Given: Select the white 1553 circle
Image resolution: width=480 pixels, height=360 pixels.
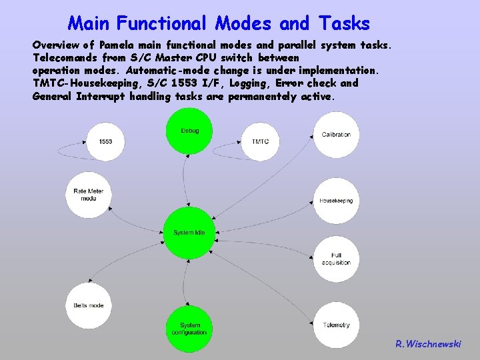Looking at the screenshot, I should pyautogui.click(x=105, y=141).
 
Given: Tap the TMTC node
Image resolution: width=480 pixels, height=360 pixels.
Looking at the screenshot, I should pyautogui.click(x=260, y=141).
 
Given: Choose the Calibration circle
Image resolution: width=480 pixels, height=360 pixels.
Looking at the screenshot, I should pyautogui.click(x=336, y=135).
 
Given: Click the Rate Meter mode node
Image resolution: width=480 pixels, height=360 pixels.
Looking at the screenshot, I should pyautogui.click(x=89, y=195).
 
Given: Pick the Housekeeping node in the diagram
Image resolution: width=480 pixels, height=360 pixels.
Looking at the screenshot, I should pyautogui.click(x=336, y=201).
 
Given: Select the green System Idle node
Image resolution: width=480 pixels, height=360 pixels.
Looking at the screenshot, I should pyautogui.click(x=189, y=233).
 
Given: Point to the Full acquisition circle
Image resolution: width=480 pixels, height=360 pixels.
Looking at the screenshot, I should pyautogui.click(x=336, y=259).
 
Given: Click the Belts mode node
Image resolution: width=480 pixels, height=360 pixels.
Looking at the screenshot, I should pyautogui.click(x=89, y=305).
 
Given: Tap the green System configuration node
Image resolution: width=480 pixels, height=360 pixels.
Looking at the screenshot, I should pyautogui.click(x=189, y=329).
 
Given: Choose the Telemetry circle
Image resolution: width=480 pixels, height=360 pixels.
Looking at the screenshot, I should pyautogui.click(x=336, y=325).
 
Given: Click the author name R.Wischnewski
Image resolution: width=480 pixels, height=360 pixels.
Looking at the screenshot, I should pyautogui.click(x=427, y=344).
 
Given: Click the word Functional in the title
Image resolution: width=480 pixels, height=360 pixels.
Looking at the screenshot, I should pyautogui.click(x=163, y=24).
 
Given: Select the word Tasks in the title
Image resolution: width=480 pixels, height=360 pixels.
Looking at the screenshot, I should pyautogui.click(x=343, y=24).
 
